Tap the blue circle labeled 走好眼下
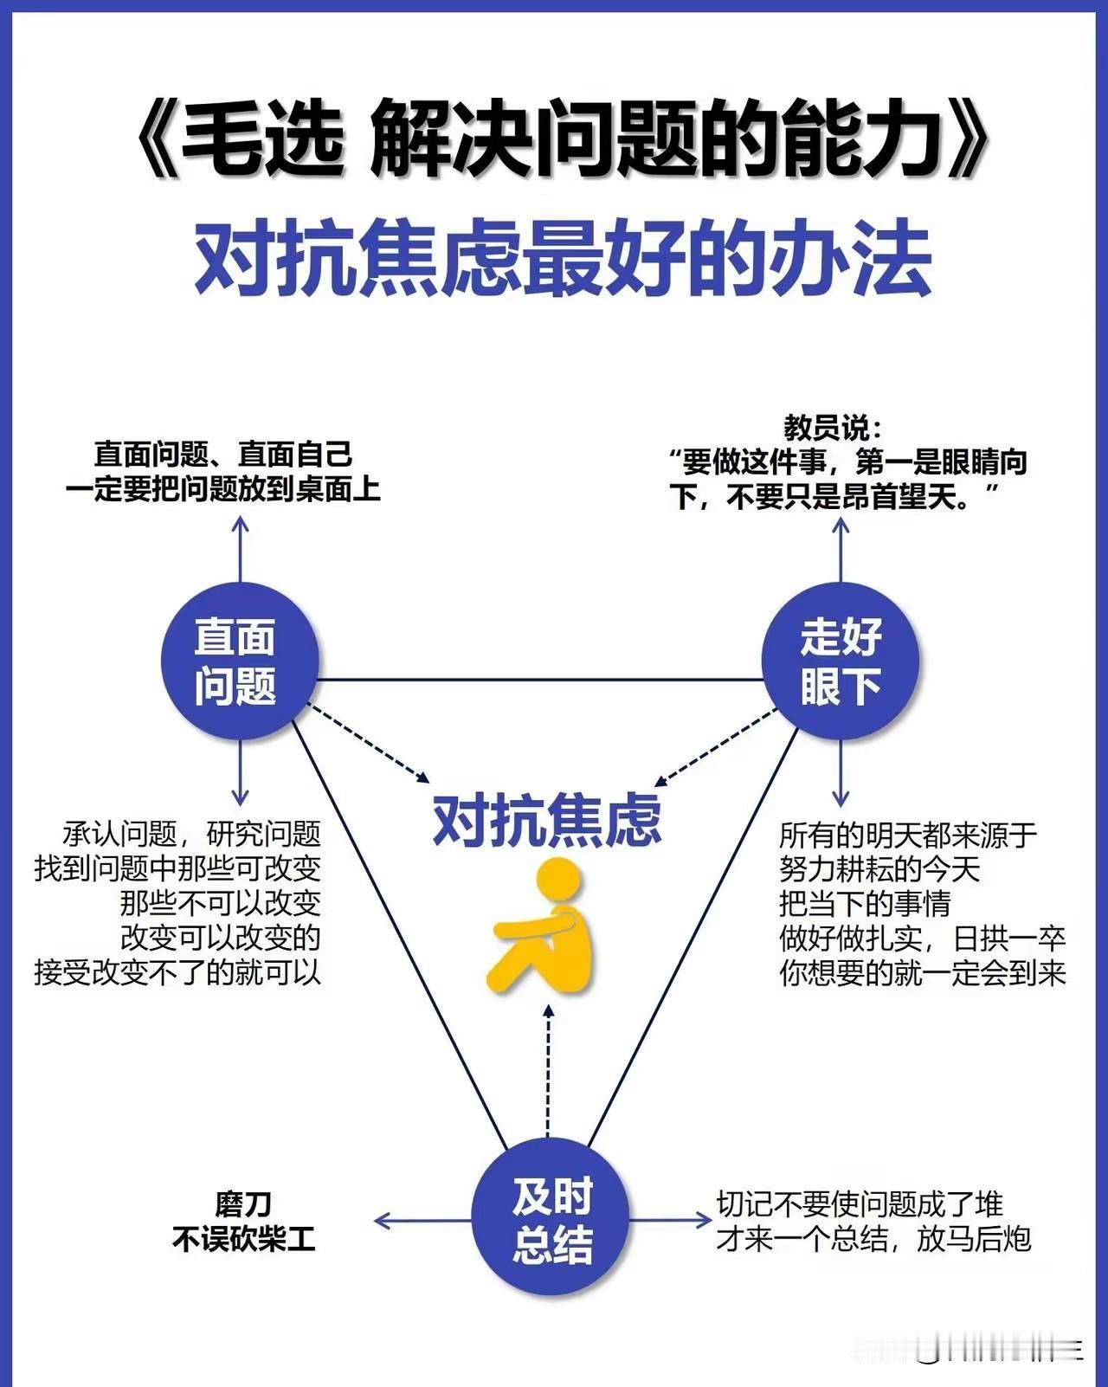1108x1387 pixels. coord(840,661)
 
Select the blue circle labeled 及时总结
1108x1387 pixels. coord(551,1220)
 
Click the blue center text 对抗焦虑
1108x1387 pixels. coord(547,821)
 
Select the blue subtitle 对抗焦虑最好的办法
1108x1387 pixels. coord(563,259)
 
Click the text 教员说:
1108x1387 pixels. coord(833,428)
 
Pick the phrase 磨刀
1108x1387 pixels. coord(243,1203)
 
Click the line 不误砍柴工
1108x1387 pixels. coord(243,1240)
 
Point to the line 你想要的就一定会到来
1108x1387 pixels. coord(922,973)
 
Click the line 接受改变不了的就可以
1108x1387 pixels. coord(177,972)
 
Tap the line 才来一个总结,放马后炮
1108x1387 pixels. coord(873,1240)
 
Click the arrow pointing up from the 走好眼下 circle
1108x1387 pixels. coord(841,550)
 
